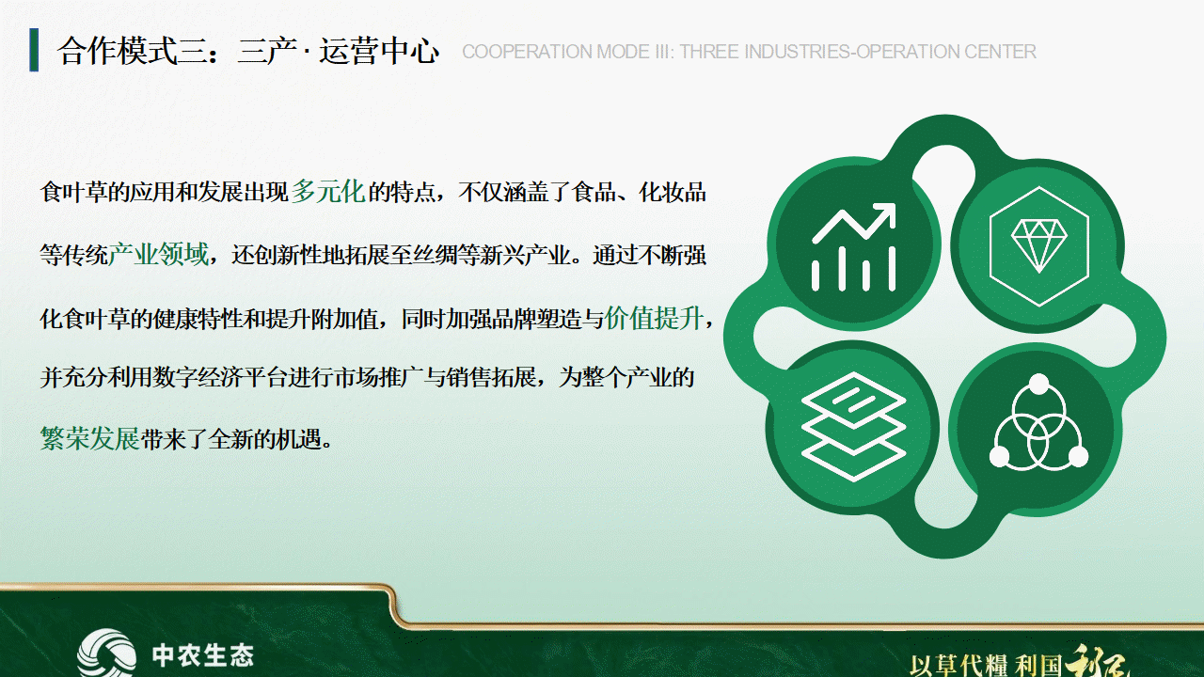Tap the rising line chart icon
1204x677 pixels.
pos(853,247)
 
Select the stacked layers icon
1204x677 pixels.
pos(853,426)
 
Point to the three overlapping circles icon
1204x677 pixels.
pos(1039,421)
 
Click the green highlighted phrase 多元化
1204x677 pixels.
pos(328,191)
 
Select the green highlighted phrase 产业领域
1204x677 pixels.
pos(158,254)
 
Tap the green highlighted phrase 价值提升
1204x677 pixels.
pos(654,318)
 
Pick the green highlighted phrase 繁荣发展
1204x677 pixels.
pos(89,438)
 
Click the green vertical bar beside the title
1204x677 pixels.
pos(34,50)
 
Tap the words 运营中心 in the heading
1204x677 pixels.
pos(379,51)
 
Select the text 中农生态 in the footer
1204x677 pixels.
pos(202,655)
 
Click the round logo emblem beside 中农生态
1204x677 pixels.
pos(106,653)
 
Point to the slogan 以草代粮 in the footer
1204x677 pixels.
pos(958,666)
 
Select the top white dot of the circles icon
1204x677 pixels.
pos(1039,384)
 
